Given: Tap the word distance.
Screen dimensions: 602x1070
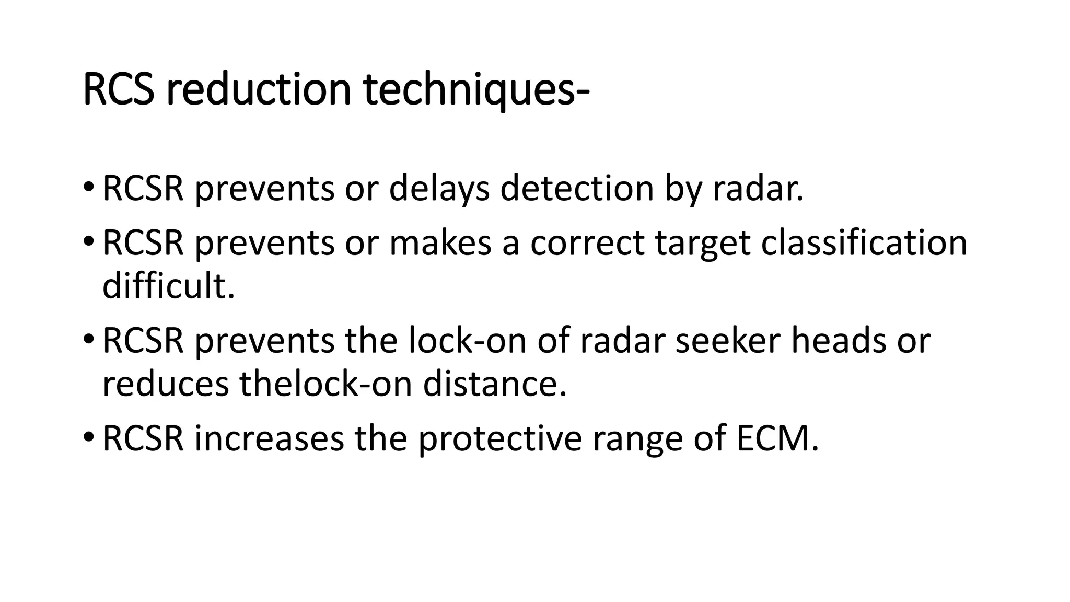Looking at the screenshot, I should [494, 384].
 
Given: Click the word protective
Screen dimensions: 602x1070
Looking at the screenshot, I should [499, 439].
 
